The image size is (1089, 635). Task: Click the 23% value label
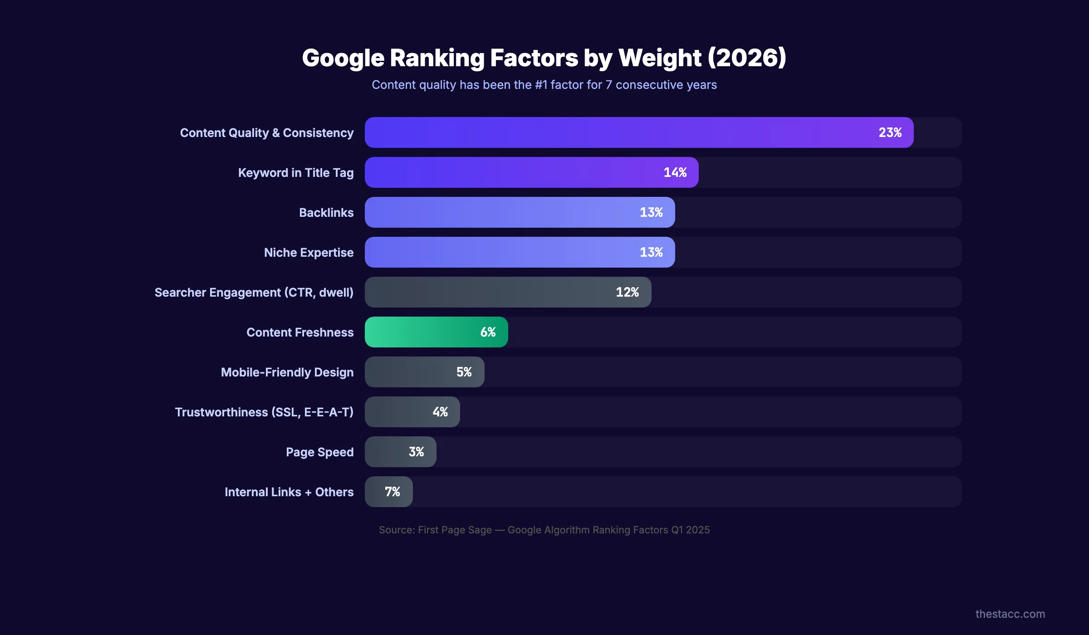coord(890,132)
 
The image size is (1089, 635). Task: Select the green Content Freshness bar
coord(422,332)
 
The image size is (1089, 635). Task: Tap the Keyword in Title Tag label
coord(295,173)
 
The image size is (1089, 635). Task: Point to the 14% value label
coord(675,172)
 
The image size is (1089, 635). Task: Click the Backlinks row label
coord(326,213)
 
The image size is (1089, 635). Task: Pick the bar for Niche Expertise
coord(499,252)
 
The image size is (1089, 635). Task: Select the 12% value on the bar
coord(627,292)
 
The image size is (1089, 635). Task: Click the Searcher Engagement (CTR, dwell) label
coord(254,293)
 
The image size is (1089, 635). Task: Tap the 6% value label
coord(488,332)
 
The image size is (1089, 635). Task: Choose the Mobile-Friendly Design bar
coord(408,372)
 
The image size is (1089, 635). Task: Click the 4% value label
coord(440,412)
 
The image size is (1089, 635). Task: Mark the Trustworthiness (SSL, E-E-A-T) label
coord(264,412)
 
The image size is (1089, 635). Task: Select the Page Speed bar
coord(386,452)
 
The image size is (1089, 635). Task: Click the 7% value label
coord(392,492)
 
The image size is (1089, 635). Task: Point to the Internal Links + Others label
coord(289,492)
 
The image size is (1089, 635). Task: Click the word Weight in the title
coord(660,58)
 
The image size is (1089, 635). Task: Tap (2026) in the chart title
coord(747,58)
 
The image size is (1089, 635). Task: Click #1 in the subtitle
coord(541,85)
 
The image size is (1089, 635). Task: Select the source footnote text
coord(544,530)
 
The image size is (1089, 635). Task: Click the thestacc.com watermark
coord(1010,614)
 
